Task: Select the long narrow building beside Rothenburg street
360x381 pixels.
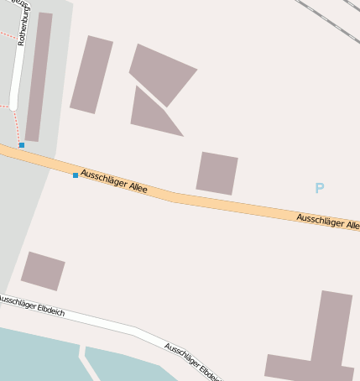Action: (x=39, y=76)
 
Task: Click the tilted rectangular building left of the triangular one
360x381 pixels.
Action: (x=91, y=75)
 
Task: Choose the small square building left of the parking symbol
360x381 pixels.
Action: (x=217, y=174)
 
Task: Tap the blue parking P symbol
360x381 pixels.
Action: (x=319, y=188)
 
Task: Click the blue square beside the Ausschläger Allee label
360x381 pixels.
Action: (x=76, y=175)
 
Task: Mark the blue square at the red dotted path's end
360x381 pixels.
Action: (x=22, y=145)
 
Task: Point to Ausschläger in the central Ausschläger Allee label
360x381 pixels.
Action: (x=102, y=178)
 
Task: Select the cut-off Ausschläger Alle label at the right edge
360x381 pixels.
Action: (x=327, y=222)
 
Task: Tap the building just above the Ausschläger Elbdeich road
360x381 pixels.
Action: (x=43, y=270)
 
